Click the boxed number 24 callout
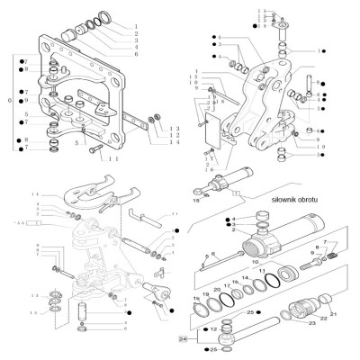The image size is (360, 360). coord(184,340)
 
